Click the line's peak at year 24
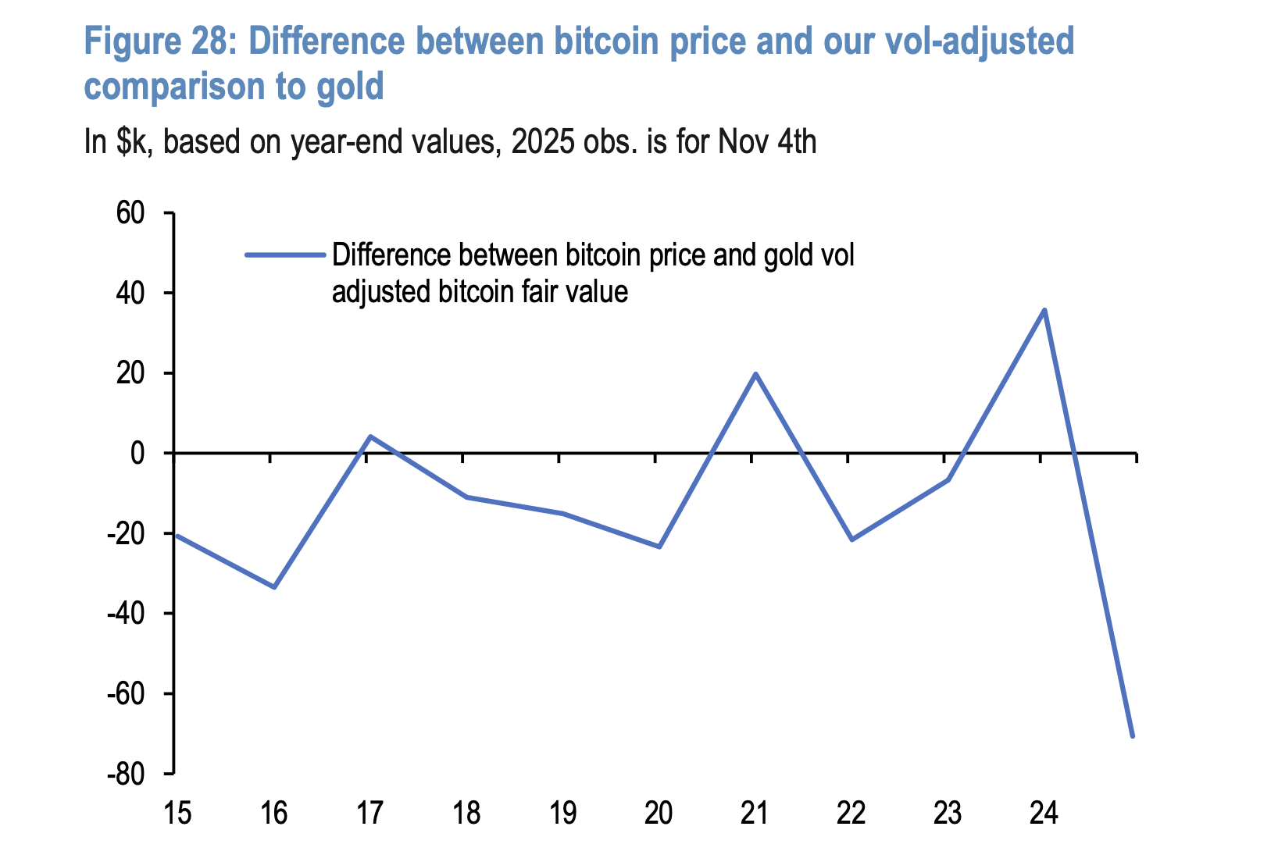1044,310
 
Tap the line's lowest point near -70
1132,736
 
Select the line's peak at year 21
755,373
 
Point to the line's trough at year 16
273,586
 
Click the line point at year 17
369,436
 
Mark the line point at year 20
659,547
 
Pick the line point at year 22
851,540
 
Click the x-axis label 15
177,814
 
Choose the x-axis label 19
562,814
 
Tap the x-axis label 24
1044,814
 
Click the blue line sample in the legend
284,254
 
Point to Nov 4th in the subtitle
767,142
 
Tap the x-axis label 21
755,814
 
